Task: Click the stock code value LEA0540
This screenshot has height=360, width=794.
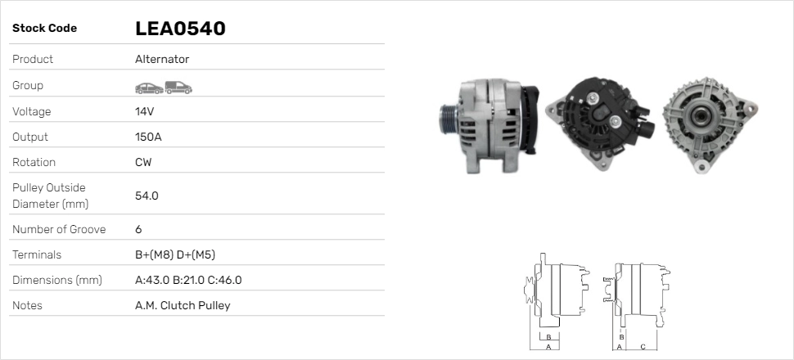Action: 180,29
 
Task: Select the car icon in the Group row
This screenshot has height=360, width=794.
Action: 149,88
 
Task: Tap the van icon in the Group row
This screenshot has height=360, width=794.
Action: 178,88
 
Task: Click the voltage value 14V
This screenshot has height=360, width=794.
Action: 144,111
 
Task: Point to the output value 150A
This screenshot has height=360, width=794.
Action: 148,137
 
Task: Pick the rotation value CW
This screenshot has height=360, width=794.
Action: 143,162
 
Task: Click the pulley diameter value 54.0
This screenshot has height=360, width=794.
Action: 147,196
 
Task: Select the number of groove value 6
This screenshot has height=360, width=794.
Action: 138,229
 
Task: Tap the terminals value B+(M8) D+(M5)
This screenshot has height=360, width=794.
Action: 175,254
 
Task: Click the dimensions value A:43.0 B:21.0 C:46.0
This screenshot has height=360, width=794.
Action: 188,280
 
